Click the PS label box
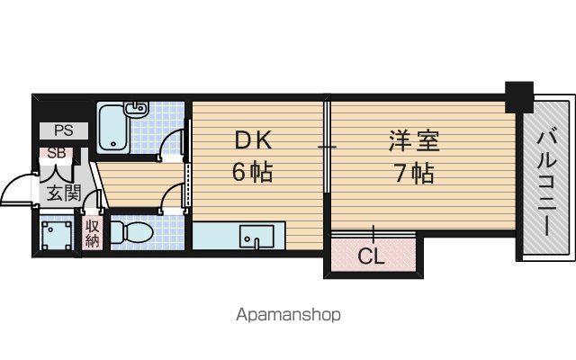pos(64,130)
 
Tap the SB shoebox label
pos(57,153)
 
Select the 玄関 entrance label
pos(64,193)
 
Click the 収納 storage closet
pos(92,233)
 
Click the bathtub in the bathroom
pos(113,127)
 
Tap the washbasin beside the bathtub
pos(137,108)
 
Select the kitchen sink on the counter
pos(256,237)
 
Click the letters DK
pos(254,140)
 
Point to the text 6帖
pos(252,172)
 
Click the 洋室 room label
pos(414,140)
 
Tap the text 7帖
pos(414,173)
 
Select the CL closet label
pos(371,256)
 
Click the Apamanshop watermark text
pos(288,315)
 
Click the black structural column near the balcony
pos(518,97)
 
